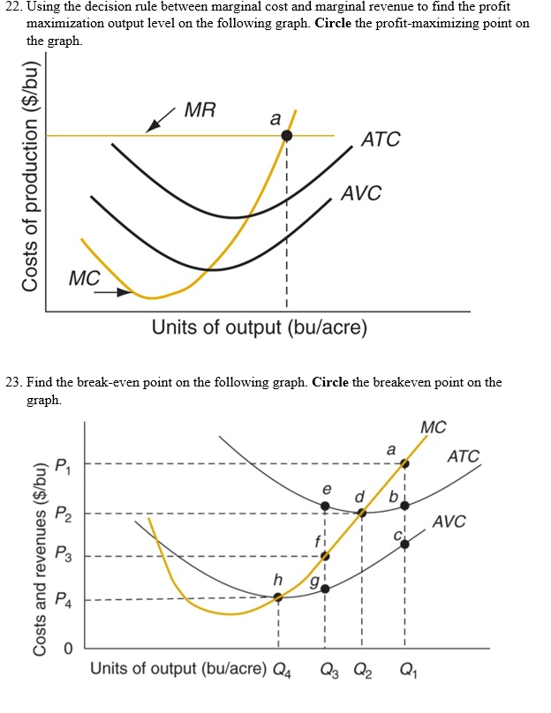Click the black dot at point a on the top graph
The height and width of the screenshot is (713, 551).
coord(286,135)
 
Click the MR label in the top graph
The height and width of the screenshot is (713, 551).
coord(200,110)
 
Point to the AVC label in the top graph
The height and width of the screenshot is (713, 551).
coord(361,193)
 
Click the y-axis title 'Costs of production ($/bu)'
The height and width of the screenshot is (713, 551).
coord(32,177)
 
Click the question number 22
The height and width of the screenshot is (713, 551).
coord(12,7)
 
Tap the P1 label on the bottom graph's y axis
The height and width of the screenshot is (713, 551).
coord(61,464)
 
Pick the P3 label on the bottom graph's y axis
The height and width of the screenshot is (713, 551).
coord(61,555)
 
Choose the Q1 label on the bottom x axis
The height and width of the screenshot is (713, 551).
coord(405,668)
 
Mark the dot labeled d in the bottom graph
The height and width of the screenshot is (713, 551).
coord(361,512)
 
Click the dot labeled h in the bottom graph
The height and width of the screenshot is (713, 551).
coord(278,597)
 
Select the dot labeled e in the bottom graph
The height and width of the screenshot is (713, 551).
coord(325,506)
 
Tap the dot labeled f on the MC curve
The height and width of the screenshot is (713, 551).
coord(325,556)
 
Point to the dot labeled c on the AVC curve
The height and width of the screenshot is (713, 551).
coord(405,544)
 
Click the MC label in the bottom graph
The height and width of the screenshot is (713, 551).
coord(434,428)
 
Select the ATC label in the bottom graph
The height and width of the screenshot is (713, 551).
coord(464,456)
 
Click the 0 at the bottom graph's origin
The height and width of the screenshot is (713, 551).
coord(66,649)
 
